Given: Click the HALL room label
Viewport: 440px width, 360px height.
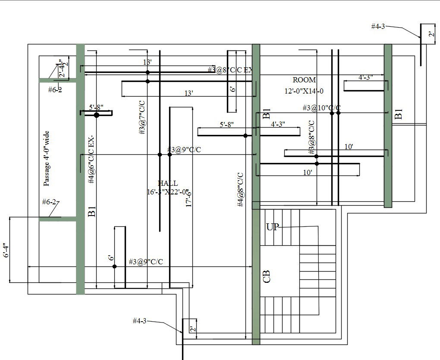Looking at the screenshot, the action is click(167, 184).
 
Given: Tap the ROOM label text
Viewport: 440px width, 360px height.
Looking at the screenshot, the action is click(304, 80).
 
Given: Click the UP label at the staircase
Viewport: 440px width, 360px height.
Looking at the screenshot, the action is click(272, 227).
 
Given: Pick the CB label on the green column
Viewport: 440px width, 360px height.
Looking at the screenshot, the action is click(266, 276).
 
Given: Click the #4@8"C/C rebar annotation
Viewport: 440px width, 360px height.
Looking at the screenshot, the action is click(241, 189).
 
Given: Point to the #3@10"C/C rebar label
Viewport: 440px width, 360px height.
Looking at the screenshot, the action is click(321, 107).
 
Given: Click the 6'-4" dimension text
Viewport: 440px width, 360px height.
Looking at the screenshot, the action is click(5, 252).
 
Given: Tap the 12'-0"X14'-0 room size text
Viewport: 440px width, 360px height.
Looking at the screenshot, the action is click(304, 91).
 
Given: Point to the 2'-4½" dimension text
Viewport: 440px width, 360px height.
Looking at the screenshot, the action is click(63, 69).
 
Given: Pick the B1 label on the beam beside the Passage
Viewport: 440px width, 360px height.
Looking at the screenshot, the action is click(91, 212).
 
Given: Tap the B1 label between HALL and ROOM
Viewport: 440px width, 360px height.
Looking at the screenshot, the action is click(266, 114).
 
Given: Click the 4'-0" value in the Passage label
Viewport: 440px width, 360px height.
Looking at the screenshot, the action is click(47, 154).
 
